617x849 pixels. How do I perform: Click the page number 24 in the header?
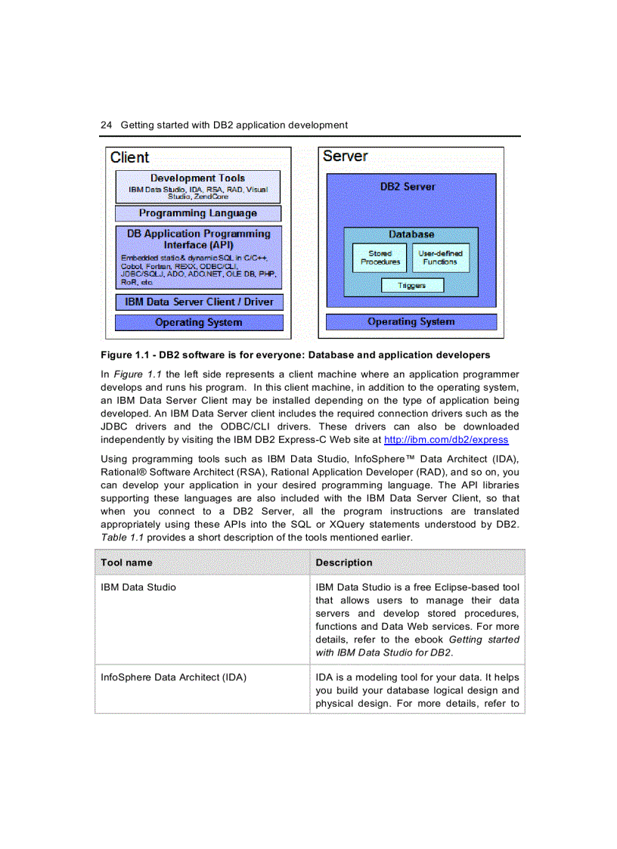pyautogui.click(x=106, y=125)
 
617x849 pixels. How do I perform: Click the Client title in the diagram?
pyautogui.click(x=129, y=157)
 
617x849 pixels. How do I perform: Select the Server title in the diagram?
pyautogui.click(x=345, y=156)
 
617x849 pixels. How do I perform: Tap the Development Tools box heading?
pyautogui.click(x=197, y=178)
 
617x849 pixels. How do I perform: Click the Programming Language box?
pyautogui.click(x=197, y=213)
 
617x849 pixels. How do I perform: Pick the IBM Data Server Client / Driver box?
pyautogui.click(x=199, y=302)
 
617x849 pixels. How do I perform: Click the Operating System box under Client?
pyautogui.click(x=199, y=322)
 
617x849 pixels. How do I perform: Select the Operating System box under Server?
pyautogui.click(x=411, y=321)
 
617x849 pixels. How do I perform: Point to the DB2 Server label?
pyautogui.click(x=408, y=186)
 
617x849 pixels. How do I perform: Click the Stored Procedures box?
pyautogui.click(x=380, y=258)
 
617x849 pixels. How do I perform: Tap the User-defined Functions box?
pyautogui.click(x=440, y=258)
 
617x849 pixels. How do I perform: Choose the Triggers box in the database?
pyautogui.click(x=411, y=285)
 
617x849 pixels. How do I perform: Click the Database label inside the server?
pyautogui.click(x=411, y=234)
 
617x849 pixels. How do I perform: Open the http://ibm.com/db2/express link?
pyautogui.click(x=446, y=439)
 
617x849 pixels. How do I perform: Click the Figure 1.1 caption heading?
pyautogui.click(x=295, y=355)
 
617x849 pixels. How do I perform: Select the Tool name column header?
pyautogui.click(x=126, y=562)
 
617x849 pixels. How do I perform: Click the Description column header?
pyautogui.click(x=343, y=562)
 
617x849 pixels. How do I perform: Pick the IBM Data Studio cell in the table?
pyautogui.click(x=138, y=587)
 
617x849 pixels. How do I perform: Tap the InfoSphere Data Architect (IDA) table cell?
pyautogui.click(x=173, y=677)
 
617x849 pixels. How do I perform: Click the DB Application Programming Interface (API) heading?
pyautogui.click(x=199, y=239)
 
